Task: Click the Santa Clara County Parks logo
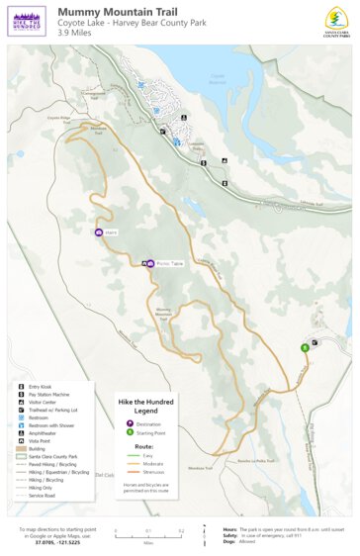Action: pyautogui.click(x=337, y=20)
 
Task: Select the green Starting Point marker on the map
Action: pyautogui.click(x=305, y=347)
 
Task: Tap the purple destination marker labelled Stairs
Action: pyautogui.click(x=98, y=232)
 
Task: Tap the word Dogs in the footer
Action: pyautogui.click(x=228, y=541)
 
